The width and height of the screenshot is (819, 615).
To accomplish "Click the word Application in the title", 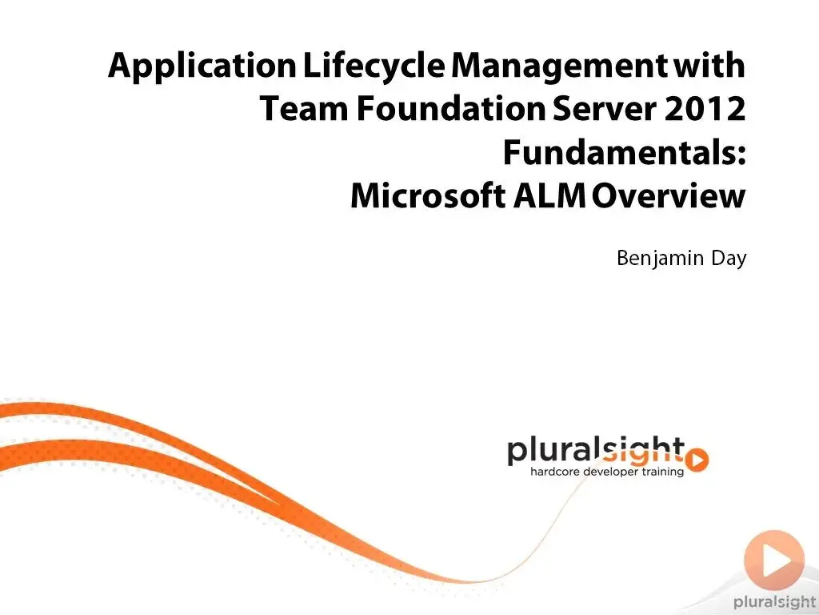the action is tap(202, 66).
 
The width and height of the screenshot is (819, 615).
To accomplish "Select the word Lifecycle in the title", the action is tap(374, 66).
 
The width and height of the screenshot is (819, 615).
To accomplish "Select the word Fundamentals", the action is tap(624, 152).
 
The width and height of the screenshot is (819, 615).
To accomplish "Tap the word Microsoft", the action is tap(428, 195).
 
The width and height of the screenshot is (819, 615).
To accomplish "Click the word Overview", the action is tap(669, 195).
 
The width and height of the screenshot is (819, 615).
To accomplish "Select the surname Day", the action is tap(729, 259).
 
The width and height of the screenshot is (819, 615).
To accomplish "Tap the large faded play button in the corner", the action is tap(774, 560).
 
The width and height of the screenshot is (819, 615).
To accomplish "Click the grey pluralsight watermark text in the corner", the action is tap(774, 602).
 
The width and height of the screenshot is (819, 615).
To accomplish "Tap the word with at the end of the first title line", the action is tap(709, 66).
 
